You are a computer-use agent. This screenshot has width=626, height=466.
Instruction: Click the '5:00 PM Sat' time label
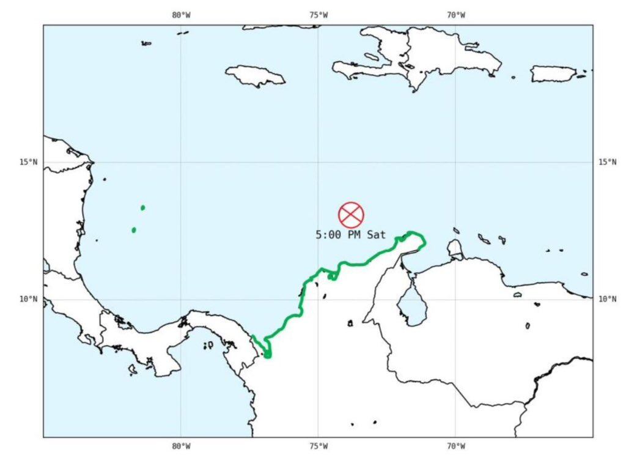351,234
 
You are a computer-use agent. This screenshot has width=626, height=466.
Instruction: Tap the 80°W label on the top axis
181,15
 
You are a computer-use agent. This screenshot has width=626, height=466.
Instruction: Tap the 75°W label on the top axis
318,15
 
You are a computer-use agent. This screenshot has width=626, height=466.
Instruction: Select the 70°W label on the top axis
455,15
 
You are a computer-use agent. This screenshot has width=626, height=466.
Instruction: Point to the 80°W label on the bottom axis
181,446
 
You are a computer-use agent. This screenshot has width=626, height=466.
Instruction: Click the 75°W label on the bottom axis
318,446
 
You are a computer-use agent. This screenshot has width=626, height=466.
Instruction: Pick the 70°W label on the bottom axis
455,446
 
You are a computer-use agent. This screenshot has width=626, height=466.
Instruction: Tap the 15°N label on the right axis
607,162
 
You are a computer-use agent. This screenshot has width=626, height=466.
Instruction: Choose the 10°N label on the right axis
607,299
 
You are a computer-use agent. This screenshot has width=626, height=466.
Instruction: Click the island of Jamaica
256,75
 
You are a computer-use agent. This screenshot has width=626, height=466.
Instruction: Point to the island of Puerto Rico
553,74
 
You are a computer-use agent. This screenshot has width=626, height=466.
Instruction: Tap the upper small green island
142,208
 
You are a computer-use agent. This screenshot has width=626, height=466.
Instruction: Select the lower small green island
134,230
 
